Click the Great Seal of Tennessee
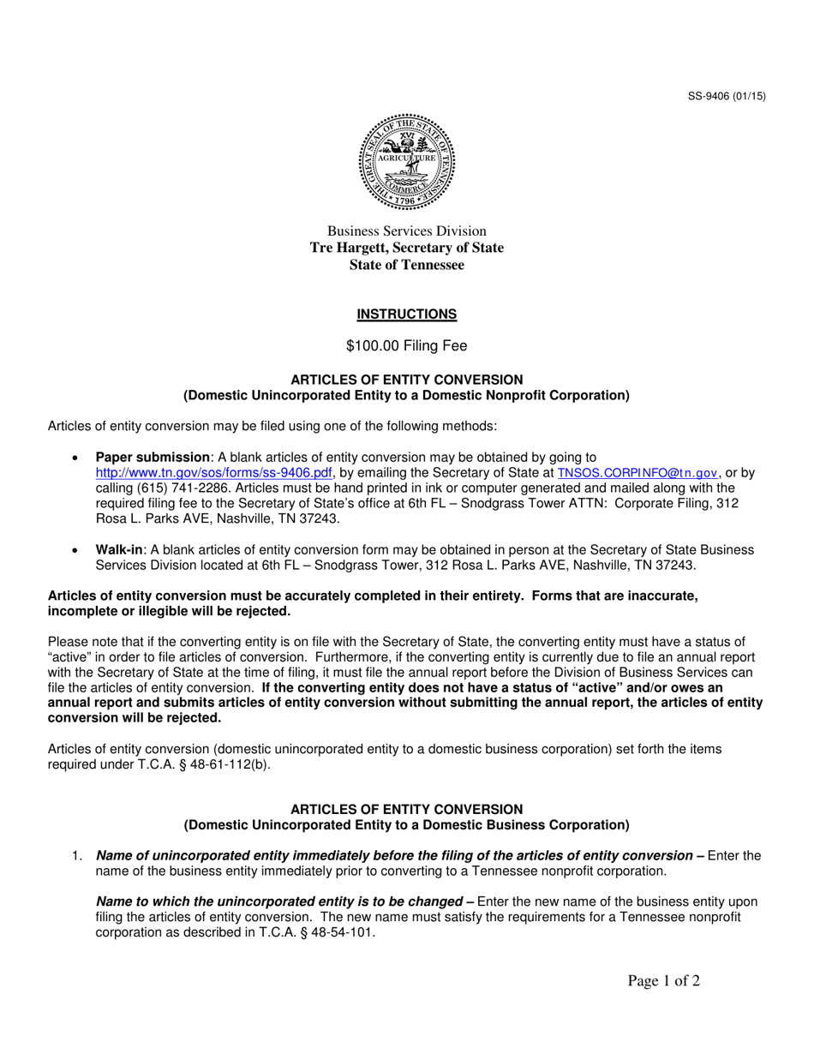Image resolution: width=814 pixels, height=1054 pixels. click(407, 162)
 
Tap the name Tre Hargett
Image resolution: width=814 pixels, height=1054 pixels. click(350, 249)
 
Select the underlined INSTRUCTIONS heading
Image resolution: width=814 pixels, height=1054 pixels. click(407, 314)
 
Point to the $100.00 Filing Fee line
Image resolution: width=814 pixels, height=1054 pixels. click(407, 346)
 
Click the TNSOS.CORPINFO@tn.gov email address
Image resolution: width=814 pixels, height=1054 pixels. click(637, 472)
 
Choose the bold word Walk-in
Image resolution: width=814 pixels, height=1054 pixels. click(119, 549)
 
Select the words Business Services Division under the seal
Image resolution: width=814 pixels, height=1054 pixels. click(407, 231)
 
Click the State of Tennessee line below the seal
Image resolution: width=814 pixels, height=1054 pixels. click(407, 266)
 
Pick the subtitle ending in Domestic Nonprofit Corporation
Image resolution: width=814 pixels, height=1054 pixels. click(407, 395)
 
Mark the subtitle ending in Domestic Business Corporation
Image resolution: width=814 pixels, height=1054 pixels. click(407, 825)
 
